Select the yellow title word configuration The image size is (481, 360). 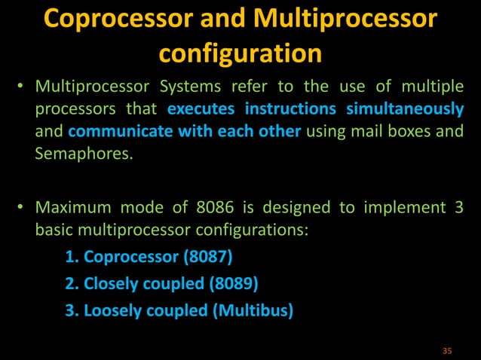click(240, 53)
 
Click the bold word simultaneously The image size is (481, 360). click(405, 109)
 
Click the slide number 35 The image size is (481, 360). click(446, 351)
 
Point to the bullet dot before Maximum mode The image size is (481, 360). click(23, 206)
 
